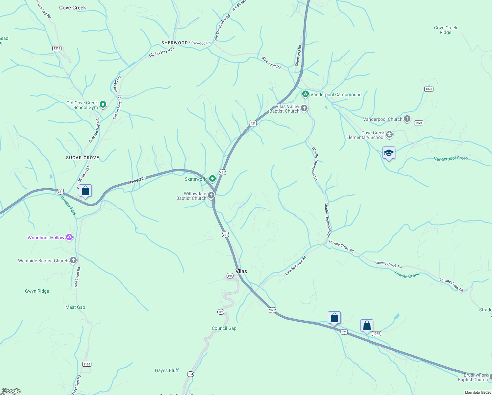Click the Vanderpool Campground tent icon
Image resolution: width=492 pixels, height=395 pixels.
coord(305,94)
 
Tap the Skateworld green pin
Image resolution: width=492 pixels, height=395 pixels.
coord(212,179)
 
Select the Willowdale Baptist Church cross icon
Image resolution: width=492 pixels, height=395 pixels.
coord(211,196)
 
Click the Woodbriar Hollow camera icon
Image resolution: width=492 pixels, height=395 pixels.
coord(69,237)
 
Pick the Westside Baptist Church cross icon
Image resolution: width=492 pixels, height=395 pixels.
coord(73,260)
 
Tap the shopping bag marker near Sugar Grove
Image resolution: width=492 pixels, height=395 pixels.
coord(86,191)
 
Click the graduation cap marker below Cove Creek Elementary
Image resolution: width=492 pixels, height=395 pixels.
coord(389,153)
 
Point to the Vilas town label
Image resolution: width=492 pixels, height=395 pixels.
coord(241,271)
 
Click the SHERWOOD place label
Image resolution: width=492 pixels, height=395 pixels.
coord(174,43)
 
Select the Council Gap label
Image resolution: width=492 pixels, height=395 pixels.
coord(224,328)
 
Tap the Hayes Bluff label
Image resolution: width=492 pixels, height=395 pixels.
coord(167,370)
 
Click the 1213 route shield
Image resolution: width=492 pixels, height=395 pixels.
coord(57,48)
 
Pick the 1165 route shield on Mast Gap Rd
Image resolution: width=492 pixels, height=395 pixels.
coord(87,364)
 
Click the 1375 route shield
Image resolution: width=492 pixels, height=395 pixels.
coord(377,333)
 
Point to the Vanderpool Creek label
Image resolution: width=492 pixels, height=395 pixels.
coord(451,159)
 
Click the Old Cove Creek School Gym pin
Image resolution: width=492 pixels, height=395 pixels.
coord(103,105)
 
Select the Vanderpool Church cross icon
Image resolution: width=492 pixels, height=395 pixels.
coord(407,119)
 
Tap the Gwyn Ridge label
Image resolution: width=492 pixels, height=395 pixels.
coord(37,291)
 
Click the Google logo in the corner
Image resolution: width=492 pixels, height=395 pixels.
coord(11,391)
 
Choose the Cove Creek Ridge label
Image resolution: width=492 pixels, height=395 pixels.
coord(446,30)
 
